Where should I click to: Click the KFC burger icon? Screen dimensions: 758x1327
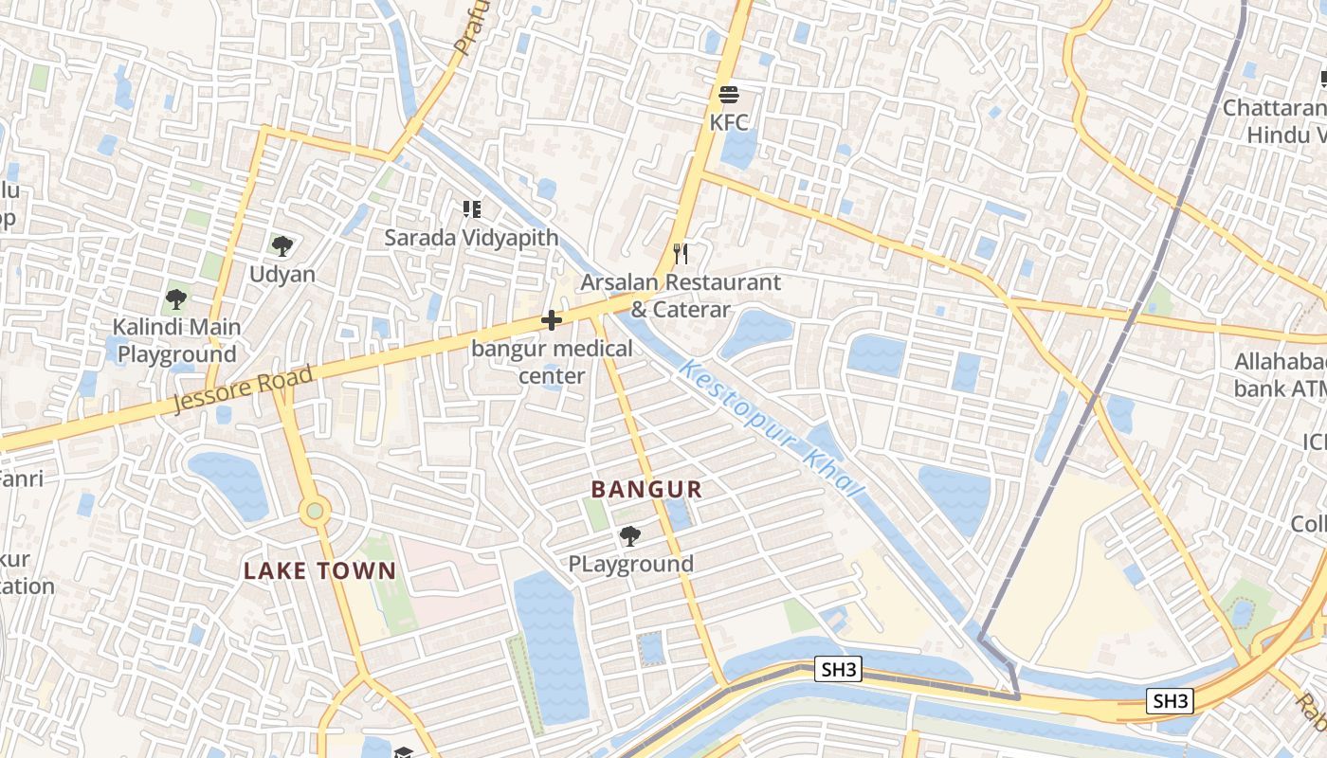tap(728, 95)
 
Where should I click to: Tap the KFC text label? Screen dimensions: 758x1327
tap(728, 122)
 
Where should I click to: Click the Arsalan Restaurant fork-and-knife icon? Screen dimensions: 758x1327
tap(680, 253)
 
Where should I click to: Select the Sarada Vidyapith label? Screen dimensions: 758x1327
tap(471, 237)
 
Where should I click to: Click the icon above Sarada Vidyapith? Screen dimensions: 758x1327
tap(471, 208)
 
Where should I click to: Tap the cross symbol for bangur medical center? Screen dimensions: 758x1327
tap(551, 320)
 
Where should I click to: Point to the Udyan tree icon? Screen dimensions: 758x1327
tap(282, 246)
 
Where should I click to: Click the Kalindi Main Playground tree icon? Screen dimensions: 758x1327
tap(175, 299)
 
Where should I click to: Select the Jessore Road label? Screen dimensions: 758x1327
tap(244, 389)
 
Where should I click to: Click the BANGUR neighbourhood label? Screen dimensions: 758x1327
tap(646, 490)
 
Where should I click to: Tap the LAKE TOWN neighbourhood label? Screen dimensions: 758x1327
tap(319, 570)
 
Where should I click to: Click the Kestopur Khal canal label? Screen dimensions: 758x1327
tap(773, 429)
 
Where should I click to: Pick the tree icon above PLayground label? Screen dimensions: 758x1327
tap(629, 536)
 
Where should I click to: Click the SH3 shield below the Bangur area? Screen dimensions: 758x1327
tap(839, 670)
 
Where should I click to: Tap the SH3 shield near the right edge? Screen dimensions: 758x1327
tap(1170, 701)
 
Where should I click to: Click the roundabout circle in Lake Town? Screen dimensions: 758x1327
tap(315, 512)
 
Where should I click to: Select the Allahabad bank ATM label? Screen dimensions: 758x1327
tap(1280, 375)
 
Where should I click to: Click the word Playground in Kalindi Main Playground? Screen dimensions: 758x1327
tap(176, 354)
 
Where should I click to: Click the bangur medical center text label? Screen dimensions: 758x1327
tap(552, 362)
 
